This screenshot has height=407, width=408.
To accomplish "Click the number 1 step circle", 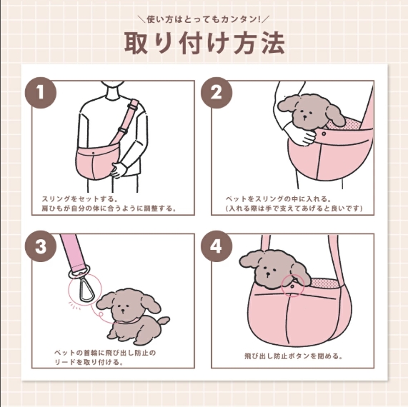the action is [x=41, y=93].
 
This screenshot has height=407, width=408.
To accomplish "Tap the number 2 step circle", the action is [x=217, y=93].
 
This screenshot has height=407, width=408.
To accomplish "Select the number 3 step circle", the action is [x=41, y=246].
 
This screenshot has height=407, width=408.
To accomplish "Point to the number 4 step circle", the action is [x=217, y=246].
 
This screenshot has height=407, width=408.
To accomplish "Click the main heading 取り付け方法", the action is [x=204, y=43].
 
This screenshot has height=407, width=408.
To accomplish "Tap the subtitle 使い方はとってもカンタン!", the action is [x=204, y=19].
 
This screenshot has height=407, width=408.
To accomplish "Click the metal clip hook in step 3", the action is [x=85, y=287].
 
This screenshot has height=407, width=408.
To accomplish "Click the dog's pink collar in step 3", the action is [x=128, y=321].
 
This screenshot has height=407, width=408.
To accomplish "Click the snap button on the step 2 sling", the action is [x=324, y=134].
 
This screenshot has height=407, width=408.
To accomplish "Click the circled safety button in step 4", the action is [x=292, y=286].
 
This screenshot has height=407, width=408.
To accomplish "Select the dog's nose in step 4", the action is [x=267, y=274].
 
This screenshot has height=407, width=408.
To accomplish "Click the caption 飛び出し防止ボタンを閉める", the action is [x=293, y=356].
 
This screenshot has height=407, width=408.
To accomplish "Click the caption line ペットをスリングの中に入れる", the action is [x=278, y=199].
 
